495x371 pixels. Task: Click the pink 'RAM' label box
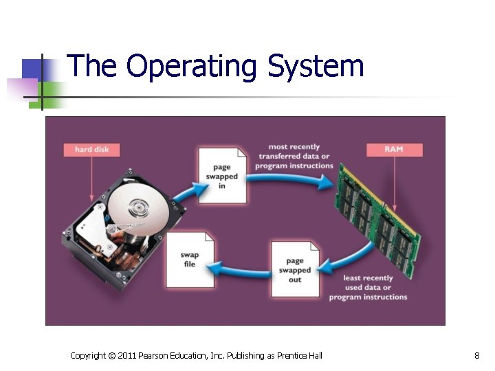pyautogui.click(x=394, y=148)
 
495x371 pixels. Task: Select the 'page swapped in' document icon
pyautogui.click(x=221, y=176)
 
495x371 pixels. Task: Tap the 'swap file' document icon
pyautogui.click(x=189, y=259)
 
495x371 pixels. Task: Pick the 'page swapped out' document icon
pyautogui.click(x=294, y=269)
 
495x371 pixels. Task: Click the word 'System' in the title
pyautogui.click(x=316, y=67)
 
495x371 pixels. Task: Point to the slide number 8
pyautogui.click(x=476, y=355)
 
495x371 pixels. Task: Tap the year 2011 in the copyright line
pyautogui.click(x=127, y=355)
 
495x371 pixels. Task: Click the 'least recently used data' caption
pyautogui.click(x=368, y=287)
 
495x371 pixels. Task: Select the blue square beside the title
pyautogui.click(x=32, y=69)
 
